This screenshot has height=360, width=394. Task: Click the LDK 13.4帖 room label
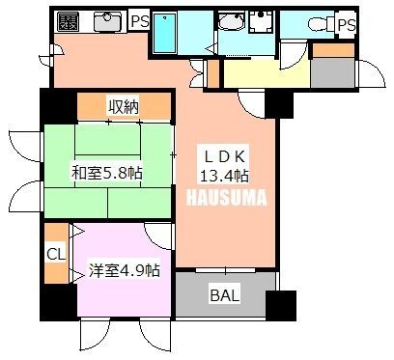[x=223, y=166]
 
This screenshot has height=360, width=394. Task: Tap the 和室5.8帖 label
[x=107, y=173]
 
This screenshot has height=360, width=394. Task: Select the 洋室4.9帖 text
[x=125, y=270]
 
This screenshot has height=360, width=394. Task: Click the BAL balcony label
[x=225, y=295]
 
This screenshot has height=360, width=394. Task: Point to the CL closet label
[x=56, y=254]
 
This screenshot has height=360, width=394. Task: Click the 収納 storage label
[x=124, y=106]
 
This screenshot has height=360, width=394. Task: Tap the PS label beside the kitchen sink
[x=140, y=21]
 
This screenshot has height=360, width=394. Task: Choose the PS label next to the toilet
[x=347, y=25]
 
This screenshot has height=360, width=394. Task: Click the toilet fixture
[x=322, y=23]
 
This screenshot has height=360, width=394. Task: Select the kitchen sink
[x=107, y=21]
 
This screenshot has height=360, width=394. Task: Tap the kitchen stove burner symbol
[x=68, y=21]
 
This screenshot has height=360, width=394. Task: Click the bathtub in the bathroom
[x=164, y=33]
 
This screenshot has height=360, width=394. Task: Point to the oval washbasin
[x=232, y=21]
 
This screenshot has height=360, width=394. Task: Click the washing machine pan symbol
[x=261, y=21]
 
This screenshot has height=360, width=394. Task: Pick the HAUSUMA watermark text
[x=227, y=197]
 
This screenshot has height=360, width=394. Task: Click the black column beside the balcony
[x=281, y=305]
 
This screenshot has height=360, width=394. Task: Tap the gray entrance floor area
[x=333, y=72]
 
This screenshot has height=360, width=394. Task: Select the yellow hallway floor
[x=267, y=73]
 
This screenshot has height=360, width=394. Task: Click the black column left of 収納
[x=59, y=106]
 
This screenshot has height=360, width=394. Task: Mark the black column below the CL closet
[x=59, y=302]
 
